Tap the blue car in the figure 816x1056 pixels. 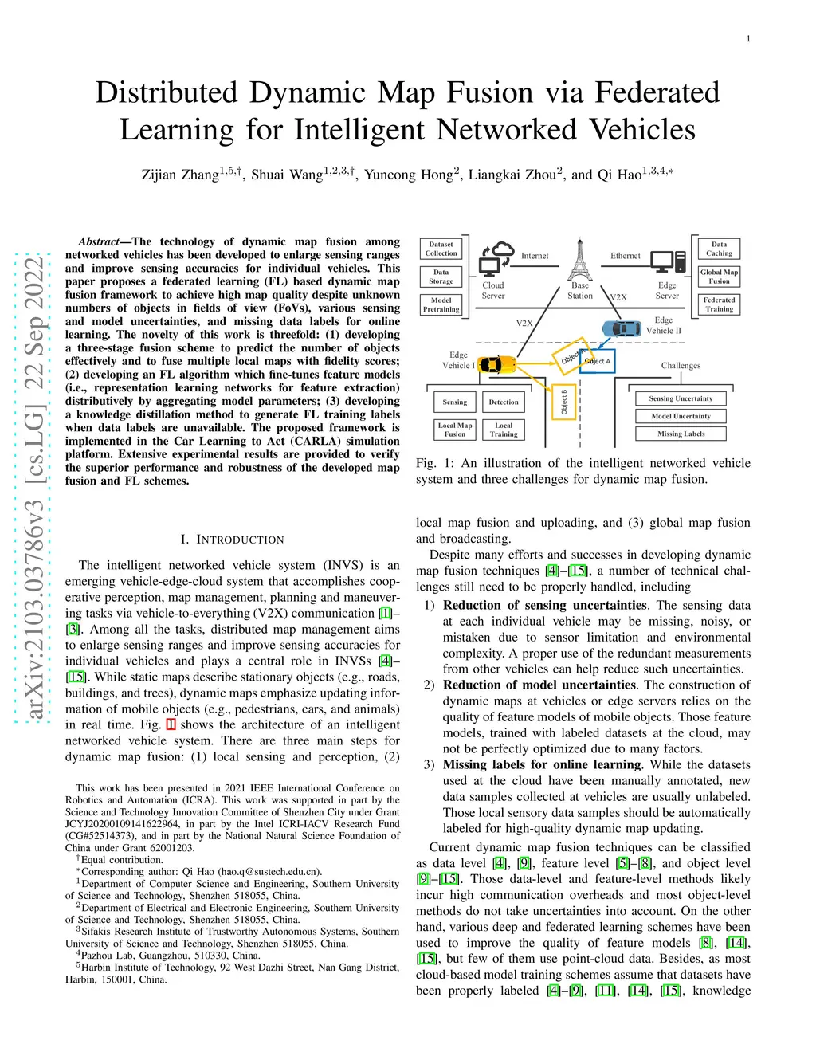point(622,328)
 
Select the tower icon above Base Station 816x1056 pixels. point(580,259)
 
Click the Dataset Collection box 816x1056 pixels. point(441,249)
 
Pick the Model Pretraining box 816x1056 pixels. point(441,304)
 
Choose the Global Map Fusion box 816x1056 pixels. point(719,277)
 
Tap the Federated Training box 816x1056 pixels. point(719,304)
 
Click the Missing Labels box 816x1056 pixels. point(681,434)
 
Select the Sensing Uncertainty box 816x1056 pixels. point(681,398)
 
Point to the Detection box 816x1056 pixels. point(504,402)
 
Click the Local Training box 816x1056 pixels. point(504,430)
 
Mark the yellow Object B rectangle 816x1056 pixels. point(564,402)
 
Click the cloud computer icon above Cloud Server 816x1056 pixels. point(496,260)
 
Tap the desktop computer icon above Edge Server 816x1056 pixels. point(668,261)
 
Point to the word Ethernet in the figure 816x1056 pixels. point(626,256)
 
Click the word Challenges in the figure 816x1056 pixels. point(681,366)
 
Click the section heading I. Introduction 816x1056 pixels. point(232,540)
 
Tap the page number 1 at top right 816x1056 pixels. point(748,39)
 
